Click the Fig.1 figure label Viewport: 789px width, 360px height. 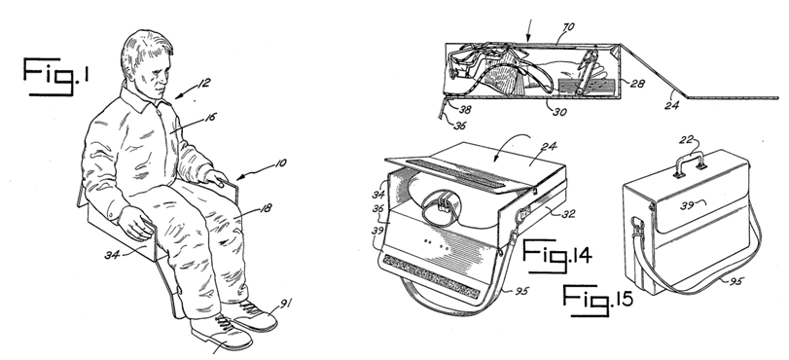pos(56,77)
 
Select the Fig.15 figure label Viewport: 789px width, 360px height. pos(597,300)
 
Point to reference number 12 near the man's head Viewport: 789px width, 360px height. pos(202,83)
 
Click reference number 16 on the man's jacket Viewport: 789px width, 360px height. pos(210,118)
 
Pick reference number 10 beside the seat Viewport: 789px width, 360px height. pos(280,163)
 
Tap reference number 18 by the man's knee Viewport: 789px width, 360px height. pos(266,208)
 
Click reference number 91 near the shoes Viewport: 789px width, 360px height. pos(285,304)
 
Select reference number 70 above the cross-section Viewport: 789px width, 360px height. pos(568,27)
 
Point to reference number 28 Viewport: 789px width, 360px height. pos(637,84)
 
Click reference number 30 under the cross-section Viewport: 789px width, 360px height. pos(559,112)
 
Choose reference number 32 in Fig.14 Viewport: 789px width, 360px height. pos(568,214)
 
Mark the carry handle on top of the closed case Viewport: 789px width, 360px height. pos(689,162)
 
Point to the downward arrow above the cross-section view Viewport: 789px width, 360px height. pos(528,30)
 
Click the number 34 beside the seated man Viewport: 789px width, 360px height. pos(112,255)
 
